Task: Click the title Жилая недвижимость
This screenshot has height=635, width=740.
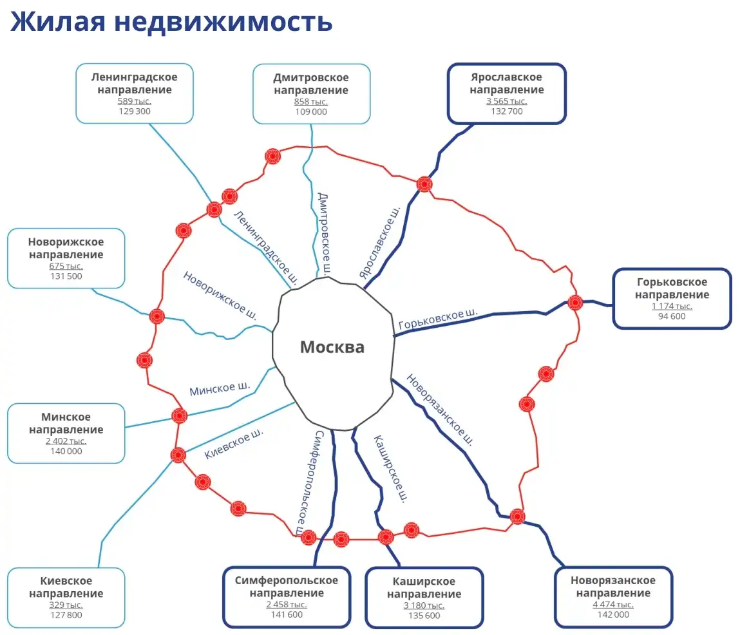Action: point(171,22)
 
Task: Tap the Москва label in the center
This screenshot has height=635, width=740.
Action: point(332,347)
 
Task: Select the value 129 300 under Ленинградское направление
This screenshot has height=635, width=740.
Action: point(135,111)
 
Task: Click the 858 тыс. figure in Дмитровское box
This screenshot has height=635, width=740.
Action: point(311,102)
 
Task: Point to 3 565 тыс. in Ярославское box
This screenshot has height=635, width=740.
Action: point(506,101)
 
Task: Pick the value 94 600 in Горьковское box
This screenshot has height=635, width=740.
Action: point(672,316)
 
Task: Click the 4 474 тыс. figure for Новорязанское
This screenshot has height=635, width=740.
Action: point(612,604)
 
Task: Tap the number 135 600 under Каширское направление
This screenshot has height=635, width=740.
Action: point(424,616)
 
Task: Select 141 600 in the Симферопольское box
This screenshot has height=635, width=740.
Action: point(287,614)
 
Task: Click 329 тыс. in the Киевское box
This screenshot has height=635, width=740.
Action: point(66,605)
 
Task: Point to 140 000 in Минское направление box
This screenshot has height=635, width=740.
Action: point(66,451)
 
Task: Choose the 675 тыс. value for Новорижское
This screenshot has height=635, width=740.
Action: point(66,266)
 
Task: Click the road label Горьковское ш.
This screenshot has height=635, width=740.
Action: point(438,319)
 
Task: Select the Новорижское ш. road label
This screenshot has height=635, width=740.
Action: point(220,296)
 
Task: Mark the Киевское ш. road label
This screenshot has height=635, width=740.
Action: point(234,444)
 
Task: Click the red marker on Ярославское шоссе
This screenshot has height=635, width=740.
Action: point(424,184)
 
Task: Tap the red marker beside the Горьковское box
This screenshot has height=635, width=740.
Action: point(575,302)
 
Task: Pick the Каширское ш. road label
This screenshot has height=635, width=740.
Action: point(391,469)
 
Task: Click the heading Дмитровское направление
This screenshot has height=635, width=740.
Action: point(311,84)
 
